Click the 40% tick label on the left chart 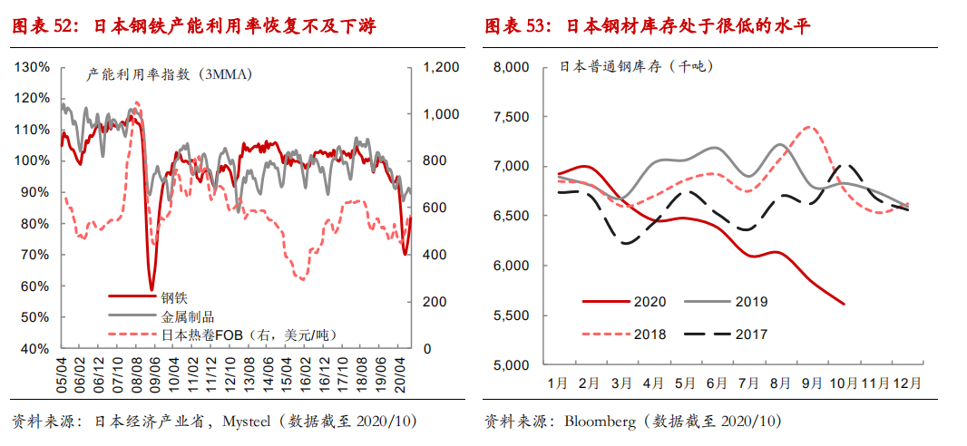coord(34,348)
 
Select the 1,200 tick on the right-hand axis coord(438,67)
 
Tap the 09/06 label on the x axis coord(155,372)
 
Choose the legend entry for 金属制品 coord(188,316)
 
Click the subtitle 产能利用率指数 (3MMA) coord(169,74)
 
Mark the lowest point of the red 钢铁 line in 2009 coord(151,289)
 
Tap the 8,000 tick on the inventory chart coord(511,67)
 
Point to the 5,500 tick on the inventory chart coord(511,315)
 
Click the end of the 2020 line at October coord(845,304)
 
